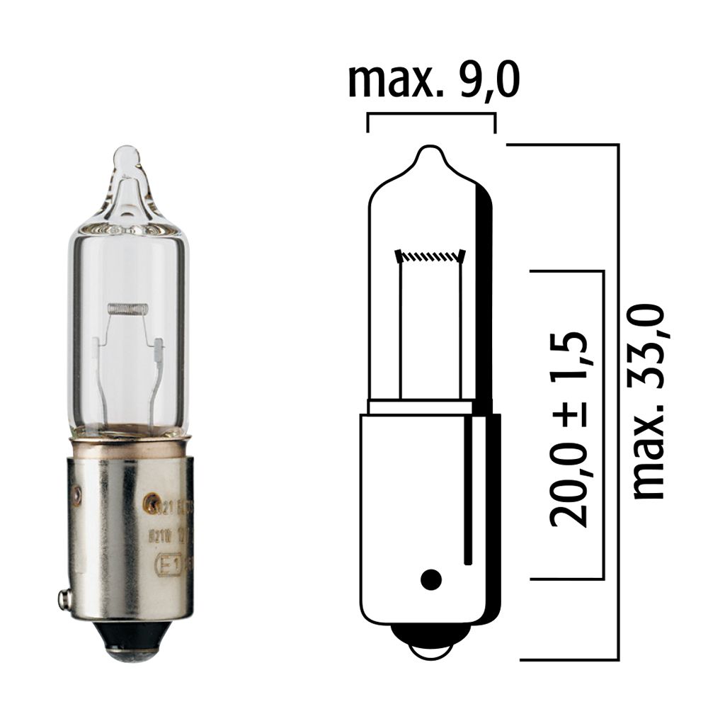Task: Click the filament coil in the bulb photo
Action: (x=127, y=308)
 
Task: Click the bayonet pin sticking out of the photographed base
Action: (x=64, y=599)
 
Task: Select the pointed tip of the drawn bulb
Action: (x=430, y=151)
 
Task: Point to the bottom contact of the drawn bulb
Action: (x=430, y=648)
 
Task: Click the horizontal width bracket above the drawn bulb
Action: (x=430, y=114)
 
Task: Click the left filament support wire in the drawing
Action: (x=401, y=329)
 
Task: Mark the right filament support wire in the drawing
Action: (x=461, y=329)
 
